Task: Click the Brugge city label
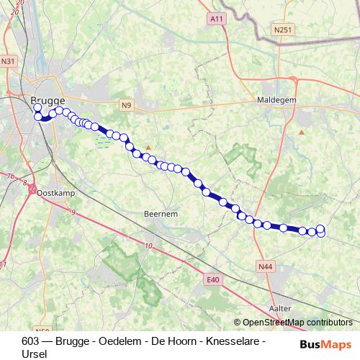pyautogui.click(x=48, y=101)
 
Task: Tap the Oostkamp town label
pyautogui.click(x=51, y=193)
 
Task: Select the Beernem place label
pyautogui.click(x=161, y=215)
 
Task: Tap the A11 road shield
pyautogui.click(x=215, y=17)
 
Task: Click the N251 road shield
pyautogui.click(x=284, y=29)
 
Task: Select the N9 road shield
pyautogui.click(x=127, y=106)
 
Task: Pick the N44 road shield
pyautogui.click(x=266, y=266)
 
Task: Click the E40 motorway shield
pyautogui.click(x=212, y=279)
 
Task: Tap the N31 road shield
pyautogui.click(x=9, y=62)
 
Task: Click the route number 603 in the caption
pyautogui.click(x=31, y=341)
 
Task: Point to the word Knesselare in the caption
pyautogui.click(x=238, y=341)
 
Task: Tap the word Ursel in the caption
pyautogui.click(x=35, y=354)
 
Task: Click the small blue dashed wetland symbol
pyautogui.click(x=104, y=140)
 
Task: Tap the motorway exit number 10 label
pyautogui.click(x=148, y=247)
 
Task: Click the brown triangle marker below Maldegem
pyautogui.click(x=302, y=132)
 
